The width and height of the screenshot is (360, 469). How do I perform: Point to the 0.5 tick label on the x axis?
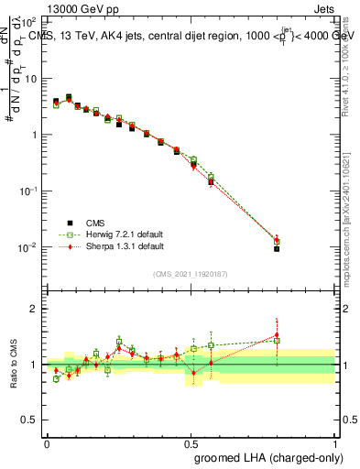(x=191, y=442)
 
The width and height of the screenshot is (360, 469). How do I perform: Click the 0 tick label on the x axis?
(x=47, y=442)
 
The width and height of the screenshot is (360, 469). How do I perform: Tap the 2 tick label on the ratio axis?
(x=34, y=309)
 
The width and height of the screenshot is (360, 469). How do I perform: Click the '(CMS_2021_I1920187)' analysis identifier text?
(x=191, y=273)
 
